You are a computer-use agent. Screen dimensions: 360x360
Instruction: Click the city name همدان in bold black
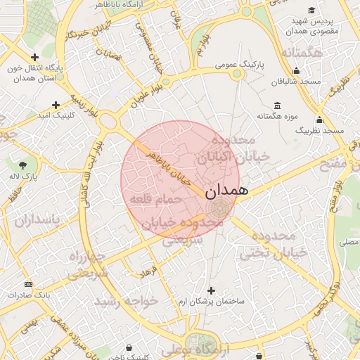pyautogui.click(x=226, y=190)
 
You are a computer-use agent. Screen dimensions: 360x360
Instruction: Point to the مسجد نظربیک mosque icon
pyautogui.click(x=320, y=120)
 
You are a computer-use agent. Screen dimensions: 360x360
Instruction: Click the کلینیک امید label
pyautogui.click(x=54, y=113)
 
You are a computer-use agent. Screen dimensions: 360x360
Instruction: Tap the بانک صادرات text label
pyautogui.click(x=26, y=295)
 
